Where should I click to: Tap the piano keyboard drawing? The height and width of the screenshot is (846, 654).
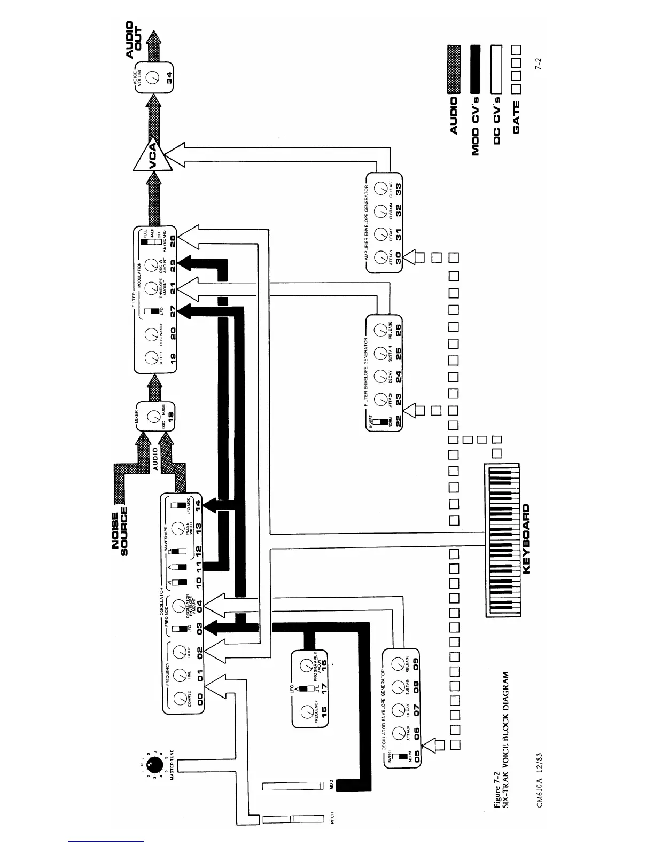click(502, 540)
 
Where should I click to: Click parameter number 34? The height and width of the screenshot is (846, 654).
click(169, 77)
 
